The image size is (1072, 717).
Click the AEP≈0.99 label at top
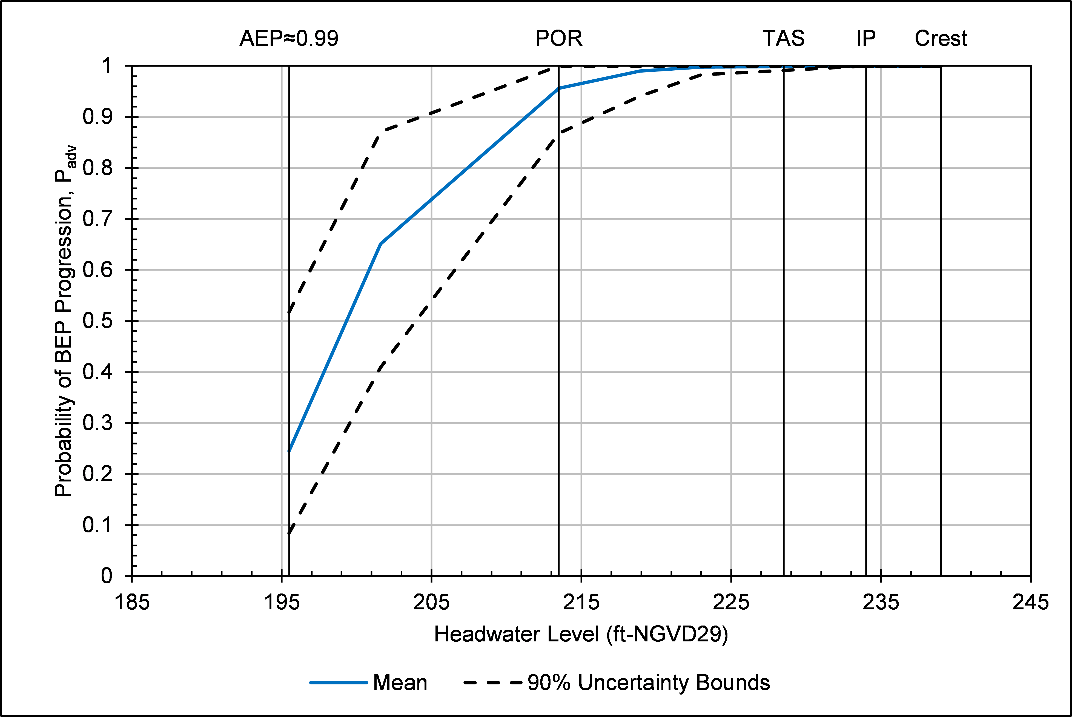click(x=289, y=38)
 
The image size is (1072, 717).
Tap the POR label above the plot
click(x=558, y=38)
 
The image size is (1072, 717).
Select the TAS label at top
click(x=783, y=38)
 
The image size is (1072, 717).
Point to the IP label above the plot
click(x=866, y=38)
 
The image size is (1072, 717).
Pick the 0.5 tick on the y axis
click(x=98, y=321)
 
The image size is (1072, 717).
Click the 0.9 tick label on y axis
click(x=98, y=117)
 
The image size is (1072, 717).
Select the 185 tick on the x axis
click(x=132, y=602)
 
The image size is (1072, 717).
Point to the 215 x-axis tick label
click(x=581, y=602)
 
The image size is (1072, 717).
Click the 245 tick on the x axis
click(x=1030, y=602)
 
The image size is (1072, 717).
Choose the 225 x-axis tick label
click(x=731, y=602)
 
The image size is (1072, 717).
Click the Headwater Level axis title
click(x=581, y=634)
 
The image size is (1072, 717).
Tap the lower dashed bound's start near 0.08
click(x=289, y=533)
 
